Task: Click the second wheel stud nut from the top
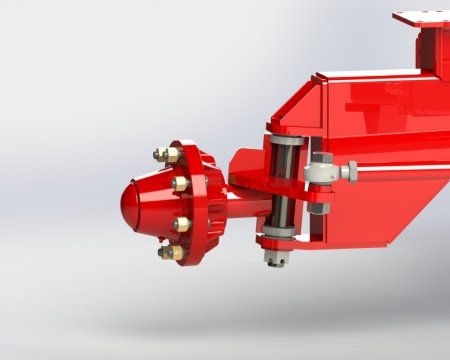pos(180,184)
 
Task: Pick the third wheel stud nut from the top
pos(181,225)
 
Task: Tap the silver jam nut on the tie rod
pos(346,171)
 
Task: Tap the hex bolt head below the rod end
pos(318,207)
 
